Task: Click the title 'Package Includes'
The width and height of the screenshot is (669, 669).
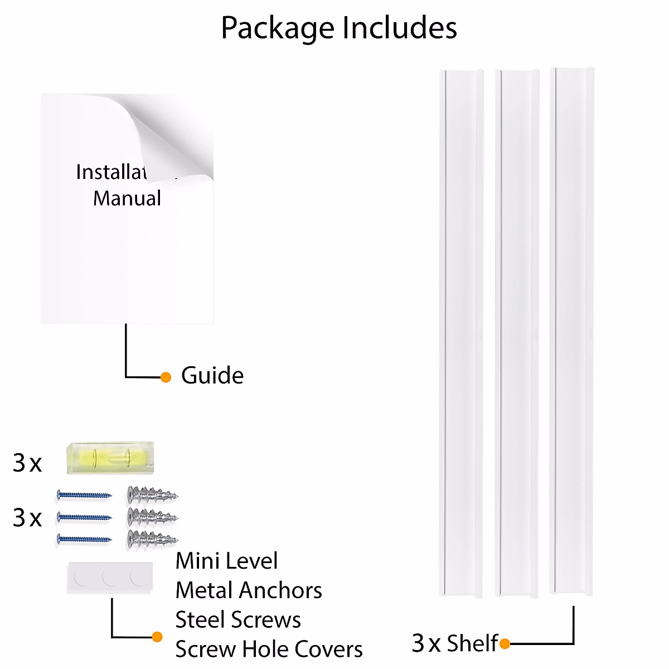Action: pyautogui.click(x=339, y=28)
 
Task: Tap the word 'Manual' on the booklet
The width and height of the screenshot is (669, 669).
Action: pyautogui.click(x=127, y=198)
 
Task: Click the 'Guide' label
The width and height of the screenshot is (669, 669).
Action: pyautogui.click(x=212, y=376)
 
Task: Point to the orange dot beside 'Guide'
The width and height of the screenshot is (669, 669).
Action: pyautogui.click(x=166, y=377)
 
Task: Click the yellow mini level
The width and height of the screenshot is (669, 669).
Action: pyautogui.click(x=110, y=458)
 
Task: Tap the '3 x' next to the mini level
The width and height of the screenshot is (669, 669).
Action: pyautogui.click(x=27, y=463)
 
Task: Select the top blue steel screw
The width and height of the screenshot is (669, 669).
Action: pyautogui.click(x=84, y=495)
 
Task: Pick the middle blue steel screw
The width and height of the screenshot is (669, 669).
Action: pyautogui.click(x=84, y=517)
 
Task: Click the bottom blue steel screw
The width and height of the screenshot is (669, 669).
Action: pyautogui.click(x=84, y=539)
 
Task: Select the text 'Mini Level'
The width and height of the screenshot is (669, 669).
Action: pyautogui.click(x=226, y=561)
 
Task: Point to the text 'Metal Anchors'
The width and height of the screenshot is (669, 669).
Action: pyautogui.click(x=249, y=590)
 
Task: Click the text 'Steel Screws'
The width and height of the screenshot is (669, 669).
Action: pyautogui.click(x=238, y=620)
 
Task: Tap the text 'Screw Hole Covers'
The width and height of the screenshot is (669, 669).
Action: pyautogui.click(x=269, y=649)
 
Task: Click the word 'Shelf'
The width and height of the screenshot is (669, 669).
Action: pyautogui.click(x=472, y=643)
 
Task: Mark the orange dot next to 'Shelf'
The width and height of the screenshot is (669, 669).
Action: pyautogui.click(x=505, y=644)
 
